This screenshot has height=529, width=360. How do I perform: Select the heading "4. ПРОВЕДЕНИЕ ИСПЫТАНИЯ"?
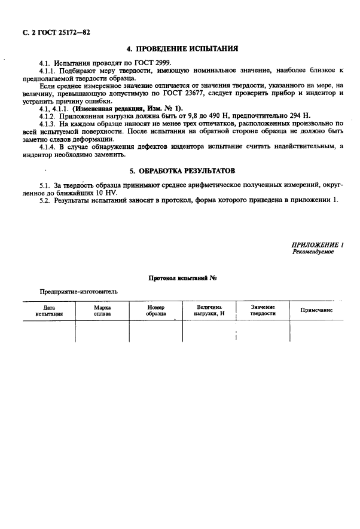183,48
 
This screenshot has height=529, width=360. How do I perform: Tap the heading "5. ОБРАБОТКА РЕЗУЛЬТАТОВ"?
183,170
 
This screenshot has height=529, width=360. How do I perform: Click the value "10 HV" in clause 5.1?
108,193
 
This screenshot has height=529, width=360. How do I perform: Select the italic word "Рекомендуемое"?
313,252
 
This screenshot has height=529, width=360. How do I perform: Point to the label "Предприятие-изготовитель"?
79,292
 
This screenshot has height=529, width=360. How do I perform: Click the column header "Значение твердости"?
263,310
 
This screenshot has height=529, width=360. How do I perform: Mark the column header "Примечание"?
316,310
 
